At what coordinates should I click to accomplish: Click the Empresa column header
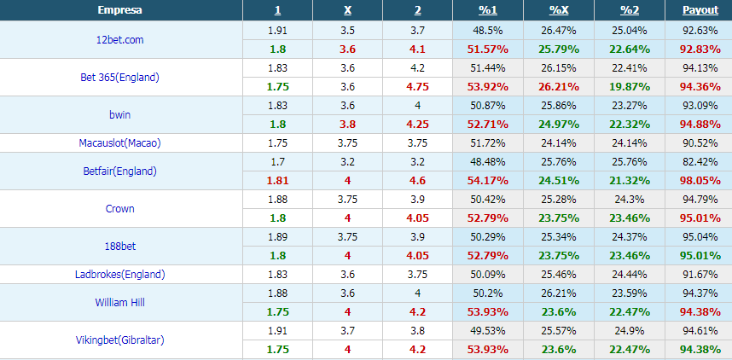120,10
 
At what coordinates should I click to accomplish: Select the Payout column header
700,10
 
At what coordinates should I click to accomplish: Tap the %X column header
559,10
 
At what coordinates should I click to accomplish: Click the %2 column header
629,10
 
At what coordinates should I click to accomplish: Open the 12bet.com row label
120,40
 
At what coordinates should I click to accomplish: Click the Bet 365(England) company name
120,78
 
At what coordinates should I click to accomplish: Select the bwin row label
120,115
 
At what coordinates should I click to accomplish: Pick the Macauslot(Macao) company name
120,142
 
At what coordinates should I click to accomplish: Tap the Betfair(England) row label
120,171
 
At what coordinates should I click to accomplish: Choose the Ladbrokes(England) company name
120,274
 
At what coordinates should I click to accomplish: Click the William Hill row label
120,302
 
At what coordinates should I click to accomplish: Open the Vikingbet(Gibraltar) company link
120,340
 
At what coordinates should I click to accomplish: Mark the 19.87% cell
629,86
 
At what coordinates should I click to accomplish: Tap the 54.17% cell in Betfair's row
489,180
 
